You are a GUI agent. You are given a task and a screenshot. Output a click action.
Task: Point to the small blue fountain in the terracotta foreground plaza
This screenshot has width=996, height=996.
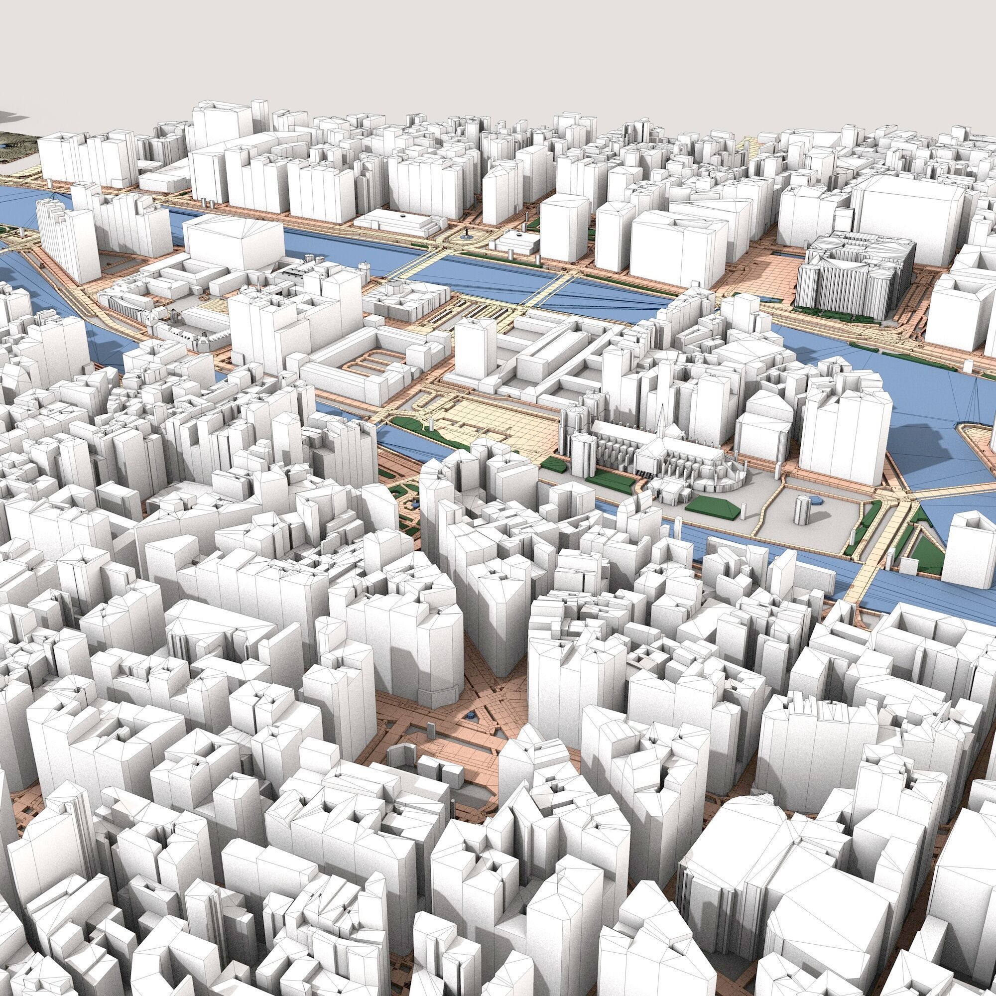(x=470, y=715)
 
